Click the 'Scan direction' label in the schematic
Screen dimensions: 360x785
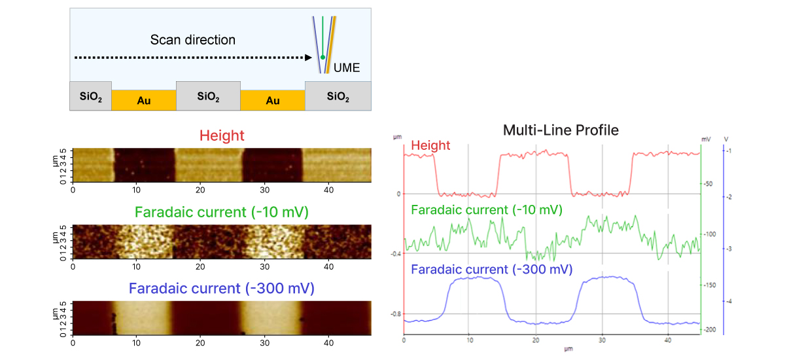193,40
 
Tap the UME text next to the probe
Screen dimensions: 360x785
347,67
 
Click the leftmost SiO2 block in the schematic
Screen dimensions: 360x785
90,97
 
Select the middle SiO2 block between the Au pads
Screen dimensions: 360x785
208,97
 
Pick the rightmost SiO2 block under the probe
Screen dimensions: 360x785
338,97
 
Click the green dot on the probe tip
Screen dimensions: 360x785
323,58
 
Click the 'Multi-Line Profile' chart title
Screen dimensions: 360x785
561,130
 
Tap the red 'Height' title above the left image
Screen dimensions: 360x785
222,136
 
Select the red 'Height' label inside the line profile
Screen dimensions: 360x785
431,145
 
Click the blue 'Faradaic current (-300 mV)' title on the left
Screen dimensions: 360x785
222,289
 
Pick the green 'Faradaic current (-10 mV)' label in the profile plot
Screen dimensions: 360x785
486,210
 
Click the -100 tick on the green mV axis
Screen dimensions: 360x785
710,234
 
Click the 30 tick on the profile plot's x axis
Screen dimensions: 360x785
602,341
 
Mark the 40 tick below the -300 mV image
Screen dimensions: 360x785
329,342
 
